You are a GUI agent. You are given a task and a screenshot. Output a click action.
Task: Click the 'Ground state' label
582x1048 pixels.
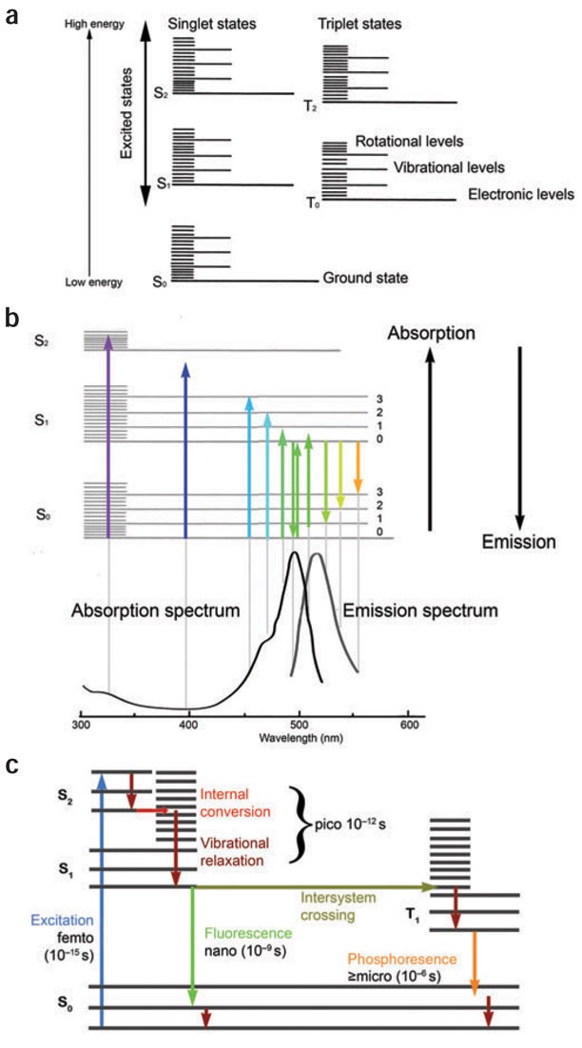click(366, 280)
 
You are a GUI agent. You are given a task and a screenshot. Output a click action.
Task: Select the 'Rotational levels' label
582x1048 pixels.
click(409, 141)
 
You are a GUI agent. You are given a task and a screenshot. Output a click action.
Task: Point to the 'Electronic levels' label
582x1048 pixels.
click(521, 194)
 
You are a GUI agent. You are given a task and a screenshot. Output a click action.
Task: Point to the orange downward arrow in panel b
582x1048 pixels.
click(358, 466)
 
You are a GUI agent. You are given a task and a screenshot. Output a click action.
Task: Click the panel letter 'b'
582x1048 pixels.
click(12, 318)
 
